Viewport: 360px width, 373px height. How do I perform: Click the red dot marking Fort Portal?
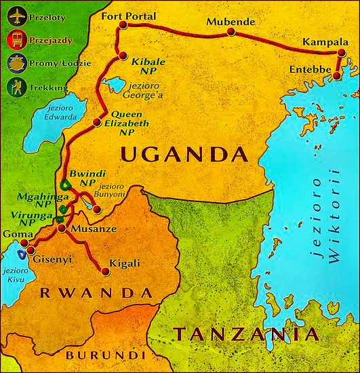[123, 26]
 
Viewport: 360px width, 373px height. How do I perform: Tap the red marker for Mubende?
[231, 31]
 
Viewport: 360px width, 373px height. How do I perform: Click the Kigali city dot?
[105, 272]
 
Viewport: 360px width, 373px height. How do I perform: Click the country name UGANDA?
[183, 154]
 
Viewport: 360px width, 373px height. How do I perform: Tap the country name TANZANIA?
[245, 334]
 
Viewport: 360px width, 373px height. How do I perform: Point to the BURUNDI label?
[105, 355]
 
